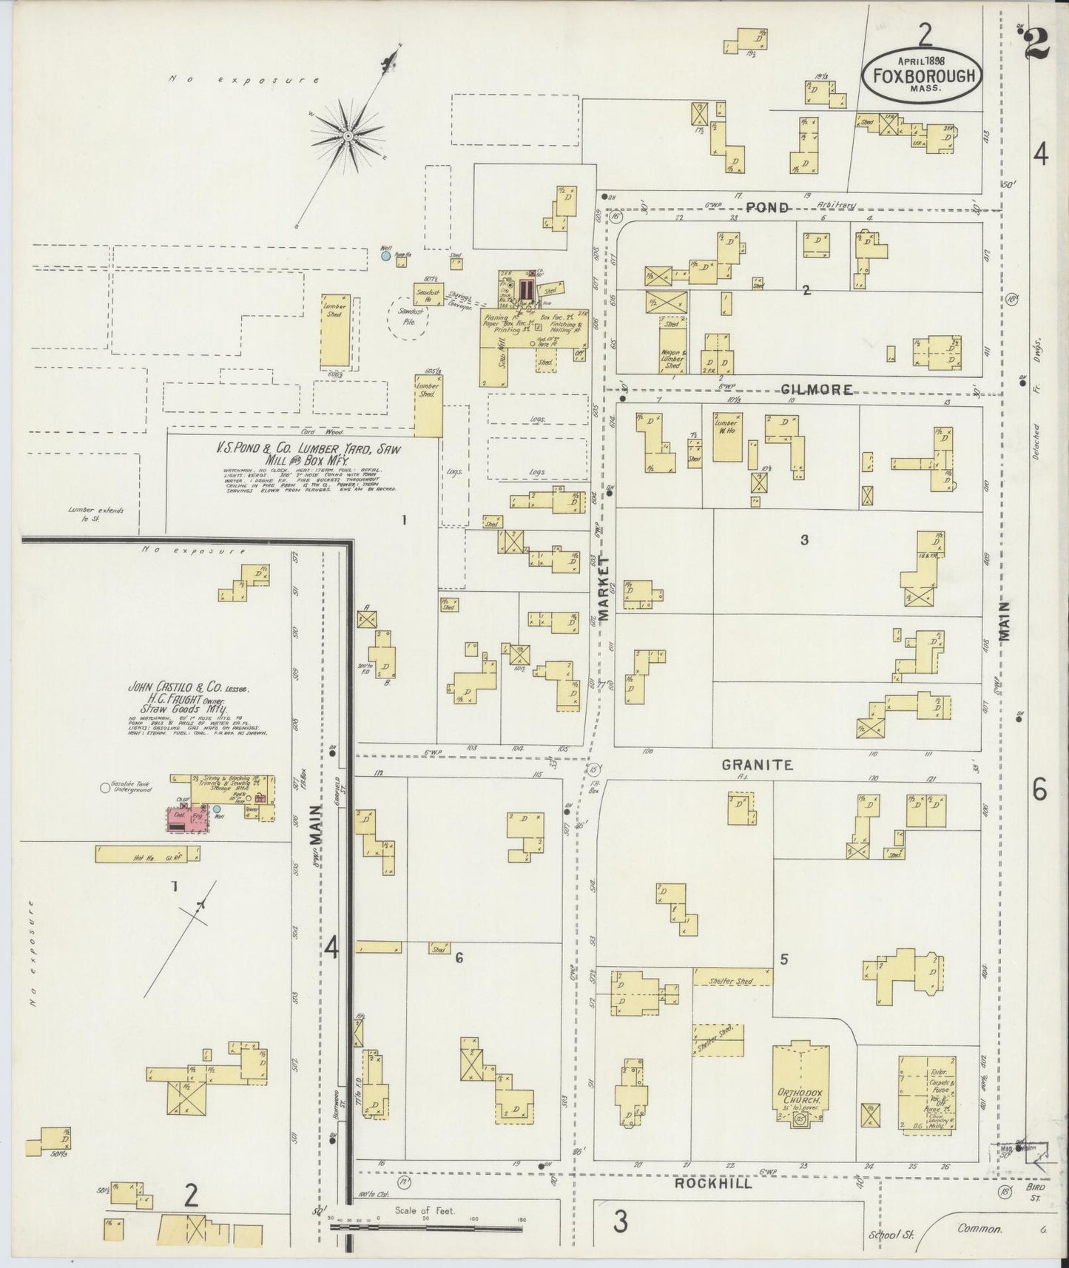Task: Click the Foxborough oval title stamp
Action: pos(922,75)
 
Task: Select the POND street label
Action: pos(766,208)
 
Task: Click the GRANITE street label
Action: pos(757,765)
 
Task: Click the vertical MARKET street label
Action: pos(604,588)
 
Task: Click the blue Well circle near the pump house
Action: pos(385,256)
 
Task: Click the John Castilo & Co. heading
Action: pos(189,687)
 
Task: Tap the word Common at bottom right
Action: pos(979,1229)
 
